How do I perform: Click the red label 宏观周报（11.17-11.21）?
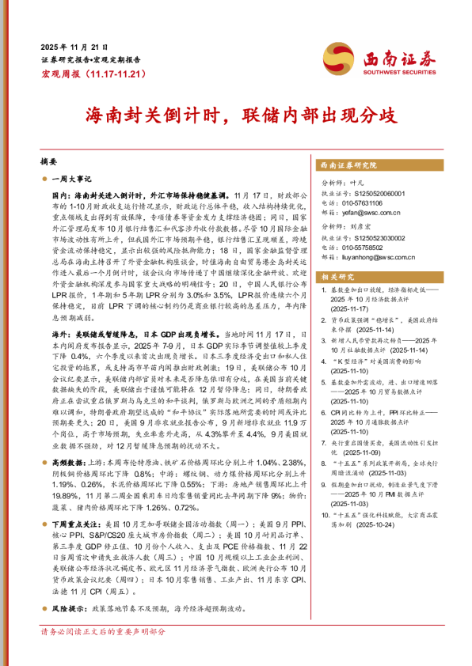point(93,73)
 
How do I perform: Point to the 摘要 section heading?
point(49,161)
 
